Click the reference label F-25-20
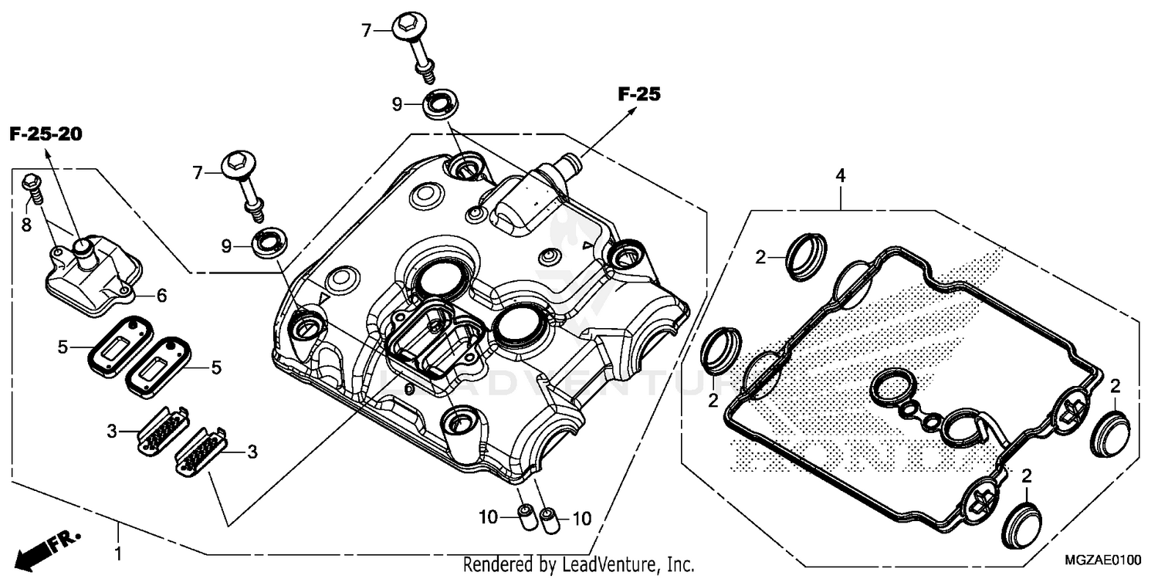pyautogui.click(x=46, y=134)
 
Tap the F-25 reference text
pyautogui.click(x=639, y=95)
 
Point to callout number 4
pyautogui.click(x=841, y=176)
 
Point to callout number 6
pyautogui.click(x=161, y=295)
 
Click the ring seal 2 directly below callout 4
pyautogui.click(x=806, y=252)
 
